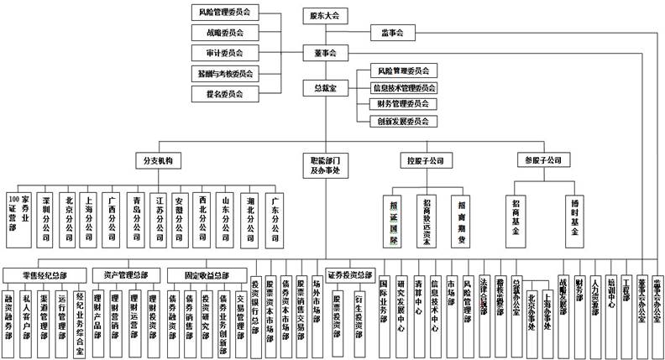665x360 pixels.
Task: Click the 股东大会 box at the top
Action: (x=324, y=14)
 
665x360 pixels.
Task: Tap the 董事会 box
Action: (x=324, y=52)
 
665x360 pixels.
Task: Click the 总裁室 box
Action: (x=324, y=87)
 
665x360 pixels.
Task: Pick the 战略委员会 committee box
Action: (x=224, y=33)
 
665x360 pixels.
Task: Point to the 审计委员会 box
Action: (x=224, y=53)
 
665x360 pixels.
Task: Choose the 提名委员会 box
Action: (x=224, y=94)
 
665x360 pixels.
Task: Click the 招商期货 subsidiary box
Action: (x=461, y=220)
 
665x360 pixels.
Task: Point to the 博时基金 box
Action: (x=575, y=220)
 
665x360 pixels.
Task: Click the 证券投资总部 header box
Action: (x=349, y=274)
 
